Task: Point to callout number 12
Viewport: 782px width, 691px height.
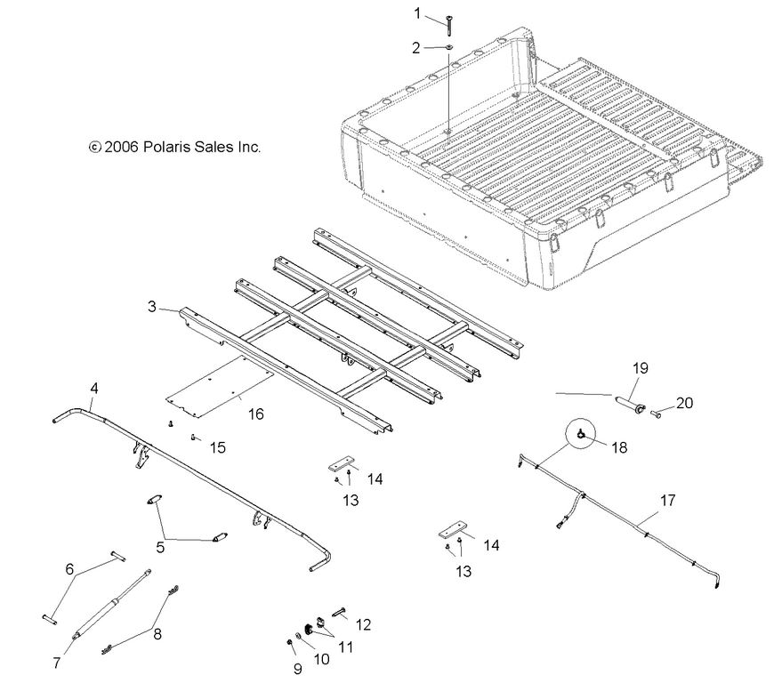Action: click(x=362, y=624)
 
